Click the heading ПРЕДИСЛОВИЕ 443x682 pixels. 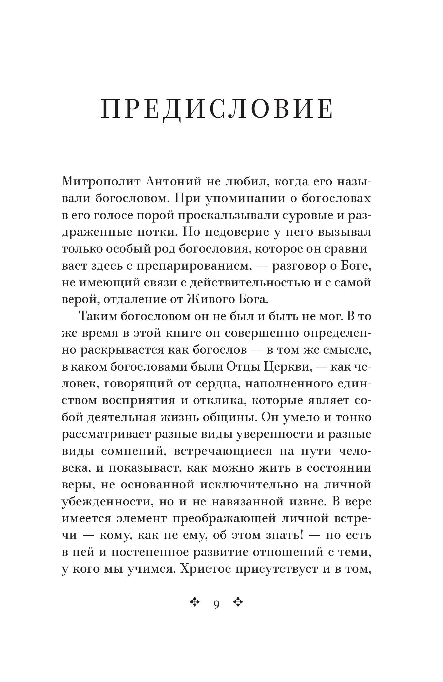(217, 109)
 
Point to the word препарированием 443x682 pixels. (192, 266)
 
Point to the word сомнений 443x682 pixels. (133, 451)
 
